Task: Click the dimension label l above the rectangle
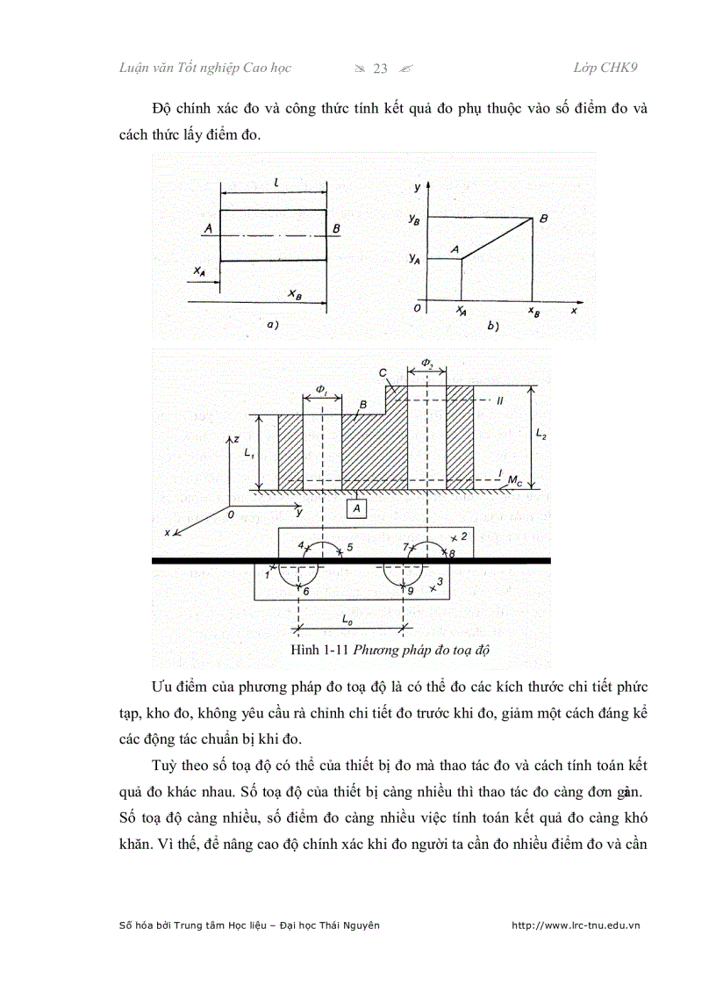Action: click(276, 182)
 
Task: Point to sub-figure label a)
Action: click(272, 326)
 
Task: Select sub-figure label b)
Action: click(491, 327)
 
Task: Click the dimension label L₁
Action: click(249, 453)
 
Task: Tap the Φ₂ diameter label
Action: click(426, 362)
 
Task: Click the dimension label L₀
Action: click(347, 620)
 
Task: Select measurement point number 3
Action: click(440, 581)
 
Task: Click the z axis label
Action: click(236, 437)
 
